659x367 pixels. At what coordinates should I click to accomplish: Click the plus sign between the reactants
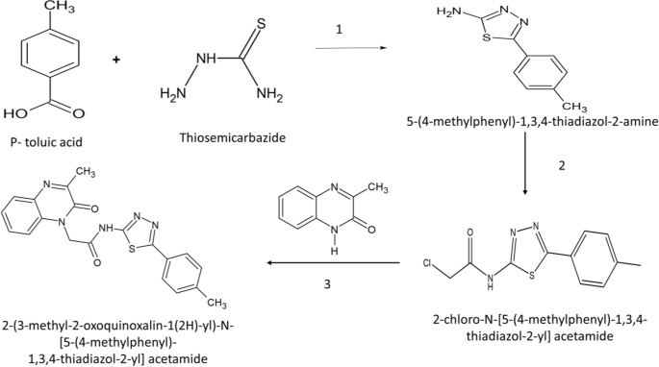pyautogui.click(x=118, y=60)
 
